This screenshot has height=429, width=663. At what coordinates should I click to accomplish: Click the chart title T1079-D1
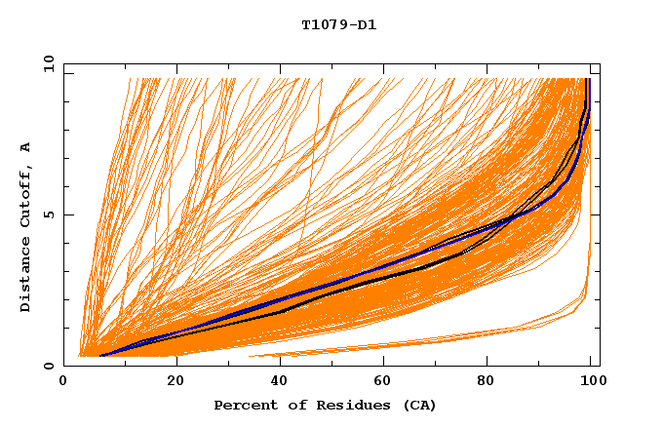[x=338, y=25]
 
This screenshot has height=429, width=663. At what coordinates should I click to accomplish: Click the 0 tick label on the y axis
[x=49, y=366]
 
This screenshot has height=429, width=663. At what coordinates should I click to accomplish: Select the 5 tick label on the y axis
[x=49, y=214]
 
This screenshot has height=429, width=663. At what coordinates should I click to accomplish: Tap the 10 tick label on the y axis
[x=45, y=63]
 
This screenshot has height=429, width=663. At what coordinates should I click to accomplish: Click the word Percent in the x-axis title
[x=243, y=405]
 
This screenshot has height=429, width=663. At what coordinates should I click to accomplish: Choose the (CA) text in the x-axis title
[x=417, y=405]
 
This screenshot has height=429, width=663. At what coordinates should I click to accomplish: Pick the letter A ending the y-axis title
[x=26, y=146]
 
